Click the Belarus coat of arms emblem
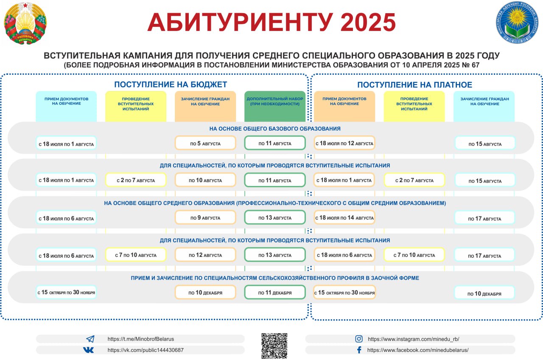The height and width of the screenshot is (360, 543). point(25,23)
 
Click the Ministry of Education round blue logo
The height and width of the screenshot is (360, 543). point(517,22)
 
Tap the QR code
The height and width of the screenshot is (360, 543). point(274,346)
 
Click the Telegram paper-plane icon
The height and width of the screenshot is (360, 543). point(90,339)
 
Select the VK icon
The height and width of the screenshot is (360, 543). point(88,350)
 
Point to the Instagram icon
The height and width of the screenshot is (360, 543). point(359,339)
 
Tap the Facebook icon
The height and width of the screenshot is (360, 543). point(359,350)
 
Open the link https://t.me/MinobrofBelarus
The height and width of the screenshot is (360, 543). point(140,339)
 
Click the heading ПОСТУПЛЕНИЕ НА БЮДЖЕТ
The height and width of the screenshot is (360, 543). point(171,84)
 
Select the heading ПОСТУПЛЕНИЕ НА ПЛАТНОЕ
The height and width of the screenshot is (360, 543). point(415,84)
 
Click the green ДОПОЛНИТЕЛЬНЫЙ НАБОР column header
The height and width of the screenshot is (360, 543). point(275,106)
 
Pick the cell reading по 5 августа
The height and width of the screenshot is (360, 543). point(205,143)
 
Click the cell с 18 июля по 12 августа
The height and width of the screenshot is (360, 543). point(344,143)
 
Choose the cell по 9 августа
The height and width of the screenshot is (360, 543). point(205,217)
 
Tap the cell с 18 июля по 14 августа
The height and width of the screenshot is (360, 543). point(344,217)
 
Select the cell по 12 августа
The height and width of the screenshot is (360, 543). point(205,255)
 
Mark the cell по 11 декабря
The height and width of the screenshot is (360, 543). point(275,292)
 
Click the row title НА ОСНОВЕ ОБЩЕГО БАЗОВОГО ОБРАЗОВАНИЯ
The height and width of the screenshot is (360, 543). point(275,129)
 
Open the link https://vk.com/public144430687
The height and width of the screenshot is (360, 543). point(146,350)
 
